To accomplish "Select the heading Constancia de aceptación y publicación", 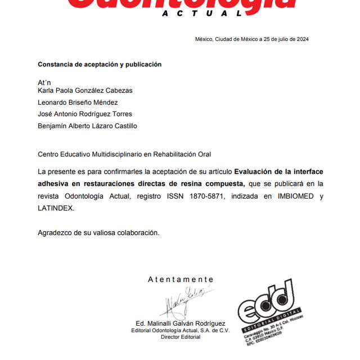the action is pos(100,65).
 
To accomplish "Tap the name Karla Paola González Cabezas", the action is pos(85,90).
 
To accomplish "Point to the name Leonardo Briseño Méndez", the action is pos(78,102).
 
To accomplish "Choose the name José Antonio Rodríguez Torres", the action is pos(85,114).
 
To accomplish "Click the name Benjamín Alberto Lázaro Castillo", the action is pos(87,126).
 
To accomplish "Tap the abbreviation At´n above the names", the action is pos(44,83).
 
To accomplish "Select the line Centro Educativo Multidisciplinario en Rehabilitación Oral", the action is pos(124,154).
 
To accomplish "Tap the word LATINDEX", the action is pos(56,208).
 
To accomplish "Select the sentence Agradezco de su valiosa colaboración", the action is pos(98,232).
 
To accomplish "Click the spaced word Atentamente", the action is pos(181,280).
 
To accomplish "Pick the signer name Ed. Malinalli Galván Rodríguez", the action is pos(181,323).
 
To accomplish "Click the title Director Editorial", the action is pos(181,336).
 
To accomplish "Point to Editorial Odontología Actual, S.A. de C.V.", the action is pos(181,330).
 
